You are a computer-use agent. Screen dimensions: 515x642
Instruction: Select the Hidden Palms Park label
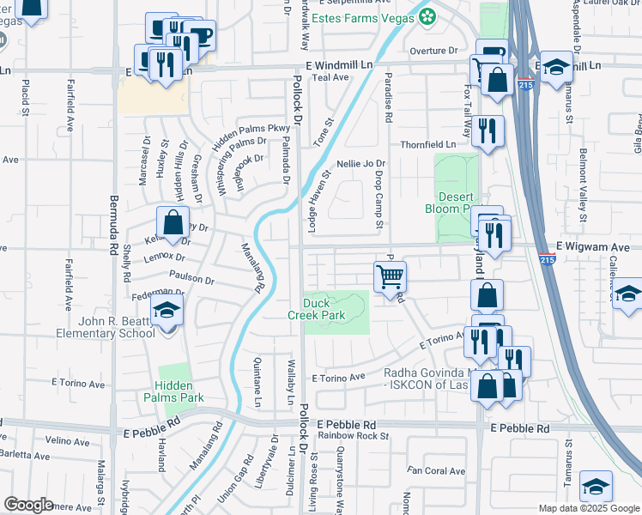pos(179,391)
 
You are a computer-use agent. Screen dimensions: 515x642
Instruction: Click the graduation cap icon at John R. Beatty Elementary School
pos(167,312)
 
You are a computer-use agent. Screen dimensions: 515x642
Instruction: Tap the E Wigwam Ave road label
pos(591,246)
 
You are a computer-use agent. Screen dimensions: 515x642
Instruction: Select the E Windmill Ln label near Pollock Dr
pos(341,65)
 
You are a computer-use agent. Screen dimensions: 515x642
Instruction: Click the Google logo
pos(27,505)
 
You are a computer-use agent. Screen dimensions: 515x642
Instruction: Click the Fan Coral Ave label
pos(436,470)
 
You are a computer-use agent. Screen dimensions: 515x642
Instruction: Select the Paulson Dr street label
pos(191,278)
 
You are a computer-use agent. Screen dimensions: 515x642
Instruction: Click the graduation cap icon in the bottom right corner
pos(596,487)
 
